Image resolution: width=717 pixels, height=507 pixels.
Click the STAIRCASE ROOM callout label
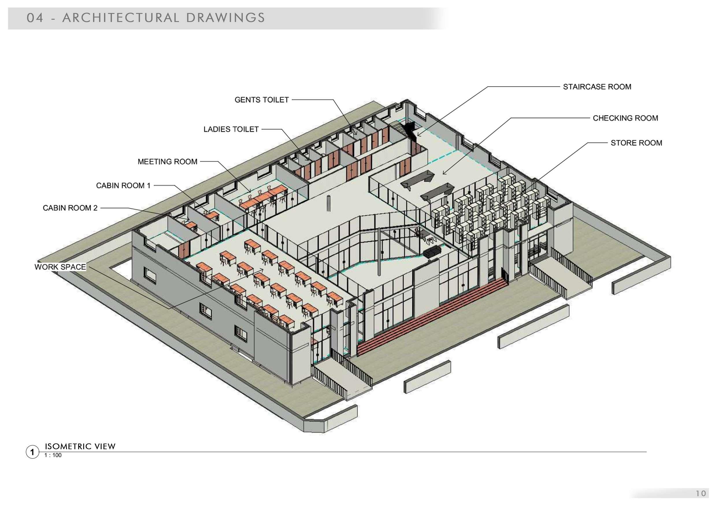[x=597, y=87]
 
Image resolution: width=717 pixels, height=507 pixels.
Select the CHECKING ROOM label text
[x=625, y=118]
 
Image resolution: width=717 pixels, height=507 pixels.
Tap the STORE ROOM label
[x=636, y=143]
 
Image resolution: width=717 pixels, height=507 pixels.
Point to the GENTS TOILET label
[x=261, y=100]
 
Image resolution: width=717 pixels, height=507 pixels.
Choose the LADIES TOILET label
[x=231, y=129]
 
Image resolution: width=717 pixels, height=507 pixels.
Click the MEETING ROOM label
[x=167, y=162]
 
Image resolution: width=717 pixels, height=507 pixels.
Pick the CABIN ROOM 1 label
[x=123, y=186]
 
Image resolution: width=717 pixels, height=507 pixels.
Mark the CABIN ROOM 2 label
[x=70, y=208]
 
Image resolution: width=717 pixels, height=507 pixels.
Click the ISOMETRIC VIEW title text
[x=80, y=446]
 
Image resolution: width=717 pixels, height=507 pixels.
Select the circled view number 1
[x=32, y=452]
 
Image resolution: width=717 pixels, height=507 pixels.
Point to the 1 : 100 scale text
[x=53, y=455]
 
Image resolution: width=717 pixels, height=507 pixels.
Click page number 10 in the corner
[x=701, y=493]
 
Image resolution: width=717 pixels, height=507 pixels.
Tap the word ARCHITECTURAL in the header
[x=121, y=18]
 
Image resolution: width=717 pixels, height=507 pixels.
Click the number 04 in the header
[x=35, y=18]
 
